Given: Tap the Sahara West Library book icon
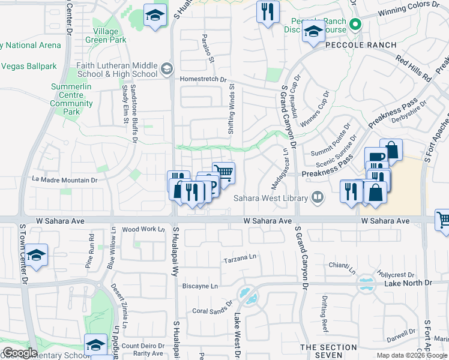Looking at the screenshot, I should [x=317, y=197].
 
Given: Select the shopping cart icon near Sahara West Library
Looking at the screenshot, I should [x=224, y=173].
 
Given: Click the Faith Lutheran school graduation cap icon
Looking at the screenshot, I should [x=166, y=70].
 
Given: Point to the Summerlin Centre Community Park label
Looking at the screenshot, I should [x=71, y=99].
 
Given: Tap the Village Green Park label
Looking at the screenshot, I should [x=110, y=35].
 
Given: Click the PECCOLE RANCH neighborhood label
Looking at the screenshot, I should [x=360, y=45].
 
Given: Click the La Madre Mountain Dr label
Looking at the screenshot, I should [x=65, y=179].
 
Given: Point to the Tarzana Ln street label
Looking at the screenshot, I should [x=240, y=260].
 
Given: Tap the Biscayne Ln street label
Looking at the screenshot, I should [x=200, y=286].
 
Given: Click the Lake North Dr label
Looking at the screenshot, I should [x=408, y=283].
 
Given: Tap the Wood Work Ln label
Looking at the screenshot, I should [x=142, y=229].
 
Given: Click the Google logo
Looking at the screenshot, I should [x=20, y=352].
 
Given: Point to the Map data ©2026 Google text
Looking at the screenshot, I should [x=411, y=355].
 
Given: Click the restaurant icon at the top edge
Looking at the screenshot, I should [x=267, y=11].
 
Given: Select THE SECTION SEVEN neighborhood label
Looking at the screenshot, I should [x=328, y=352].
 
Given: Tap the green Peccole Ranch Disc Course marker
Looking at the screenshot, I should [x=355, y=25].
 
